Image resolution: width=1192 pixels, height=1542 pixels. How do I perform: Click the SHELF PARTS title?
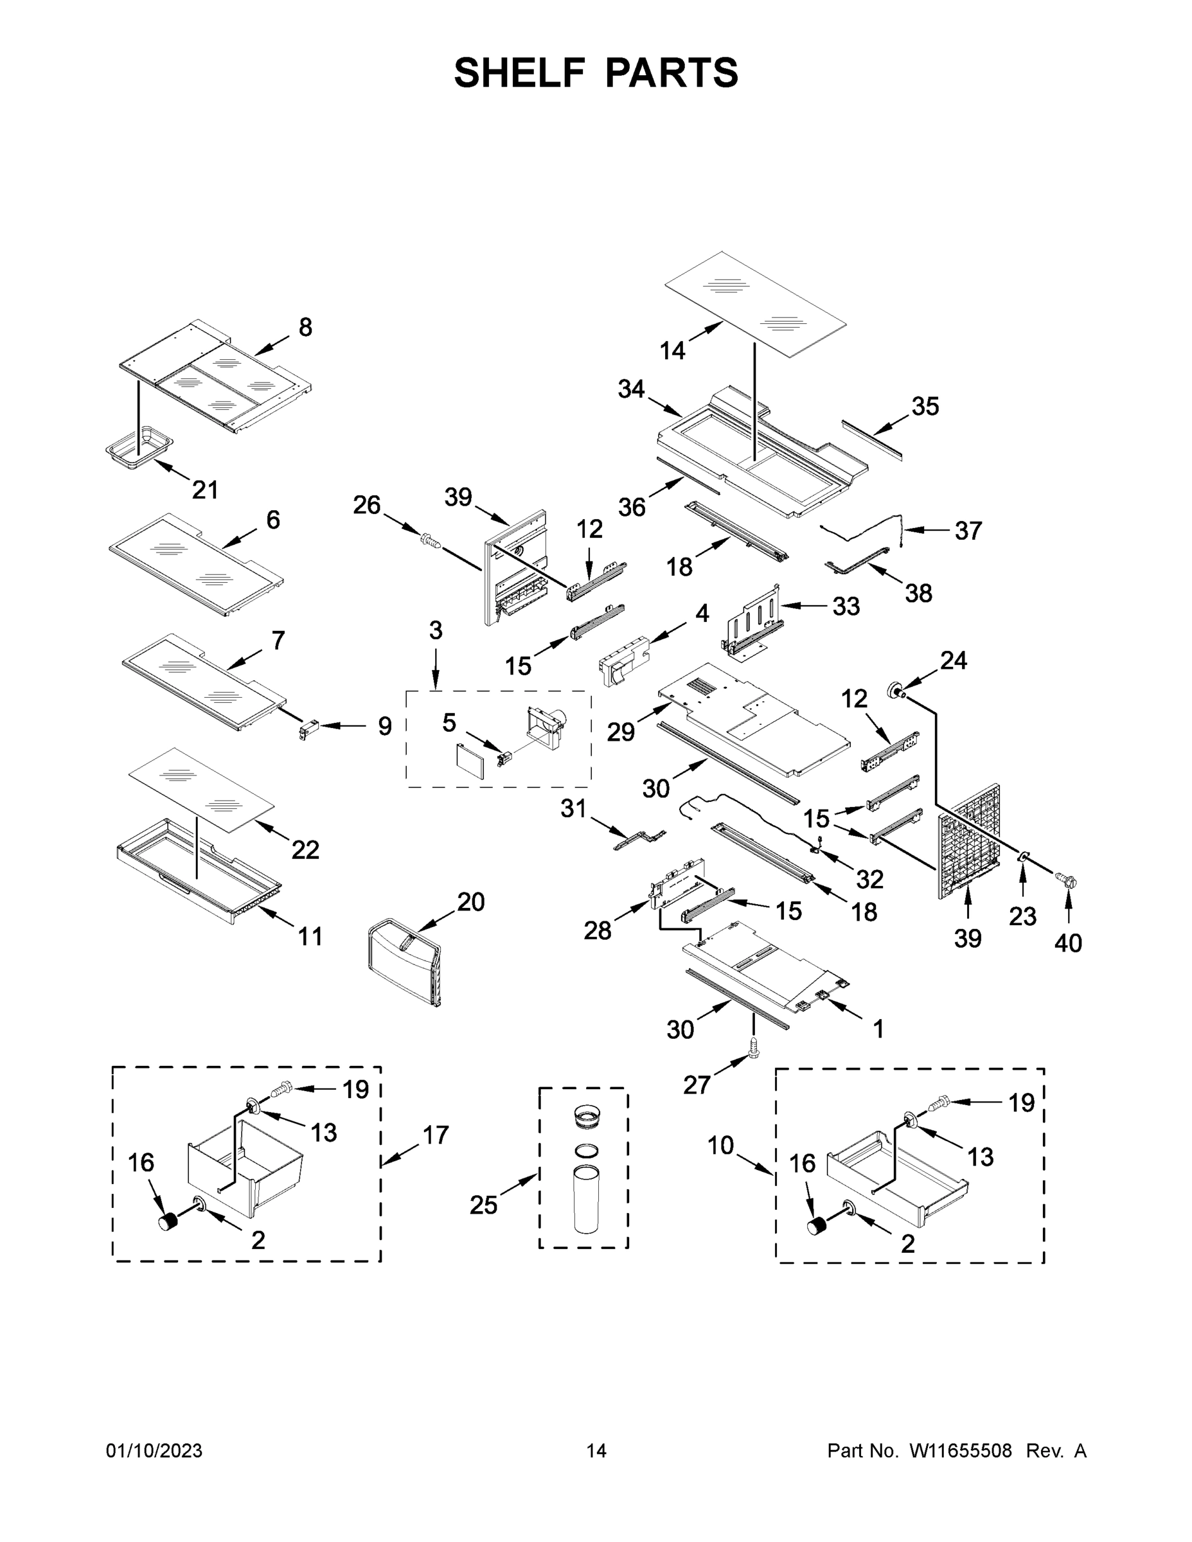(x=596, y=73)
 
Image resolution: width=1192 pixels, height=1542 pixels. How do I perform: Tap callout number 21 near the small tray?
(x=205, y=490)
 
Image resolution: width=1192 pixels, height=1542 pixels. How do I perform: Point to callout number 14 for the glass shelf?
(x=672, y=350)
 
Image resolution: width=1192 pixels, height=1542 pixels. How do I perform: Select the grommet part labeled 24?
(x=898, y=689)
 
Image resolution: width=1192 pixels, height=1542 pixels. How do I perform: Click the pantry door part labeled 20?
(x=405, y=958)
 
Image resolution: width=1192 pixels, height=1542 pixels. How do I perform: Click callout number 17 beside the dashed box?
(x=436, y=1135)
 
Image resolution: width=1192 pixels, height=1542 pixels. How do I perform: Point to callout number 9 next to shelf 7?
(x=384, y=726)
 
